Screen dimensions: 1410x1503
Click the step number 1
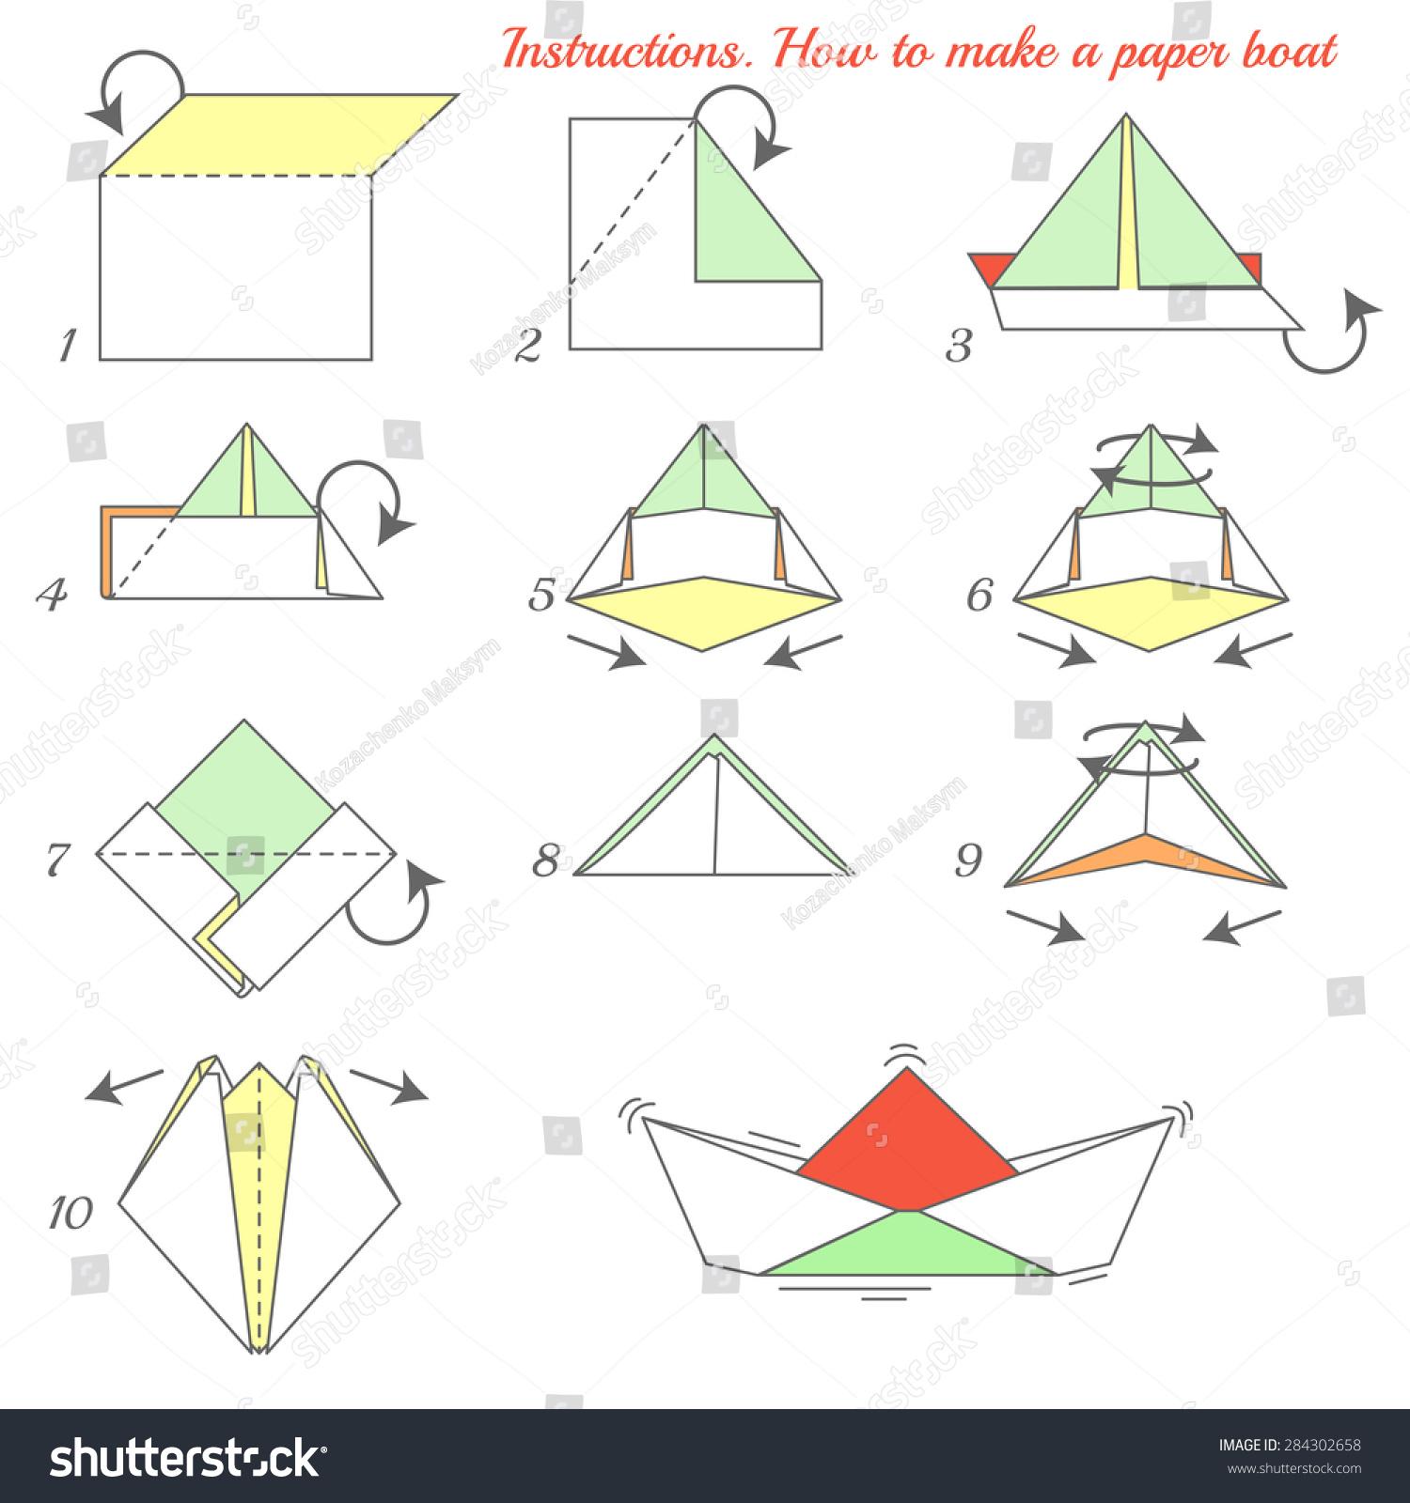coord(67,347)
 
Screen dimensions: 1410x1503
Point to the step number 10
coord(70,1213)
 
